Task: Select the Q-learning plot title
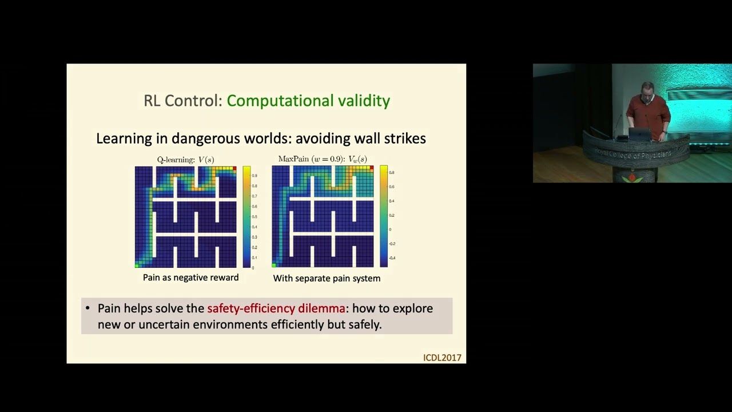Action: (185, 160)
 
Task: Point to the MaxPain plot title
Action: (323, 159)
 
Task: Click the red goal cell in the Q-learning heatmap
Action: (234, 168)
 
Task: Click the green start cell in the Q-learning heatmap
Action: (137, 265)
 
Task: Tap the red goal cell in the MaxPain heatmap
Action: (372, 168)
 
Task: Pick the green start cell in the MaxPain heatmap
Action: (274, 265)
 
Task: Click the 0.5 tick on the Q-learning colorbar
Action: (254, 217)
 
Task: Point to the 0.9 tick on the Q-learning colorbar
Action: (254, 176)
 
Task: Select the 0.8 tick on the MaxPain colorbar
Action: (392, 172)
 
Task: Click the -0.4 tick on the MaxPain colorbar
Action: (392, 258)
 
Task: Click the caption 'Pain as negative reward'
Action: (190, 278)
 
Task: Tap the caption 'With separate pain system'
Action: (327, 278)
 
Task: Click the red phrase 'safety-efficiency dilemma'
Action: (276, 308)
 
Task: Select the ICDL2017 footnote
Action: (442, 358)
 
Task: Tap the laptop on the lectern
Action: (639, 135)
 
